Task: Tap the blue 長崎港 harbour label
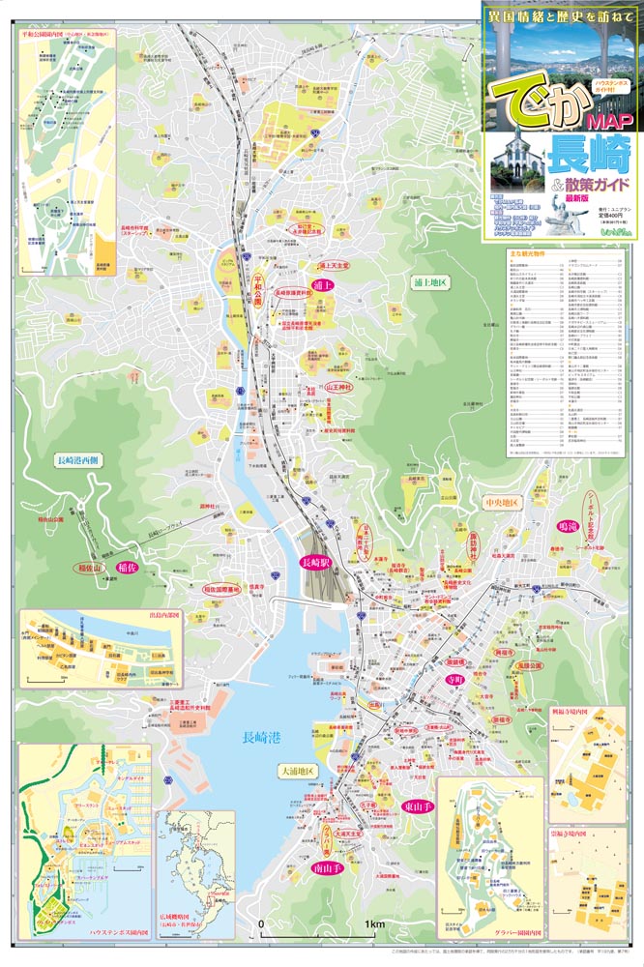click(x=260, y=740)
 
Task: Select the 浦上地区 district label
click(x=426, y=282)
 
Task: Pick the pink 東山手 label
click(x=418, y=806)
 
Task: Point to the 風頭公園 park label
click(x=531, y=667)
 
